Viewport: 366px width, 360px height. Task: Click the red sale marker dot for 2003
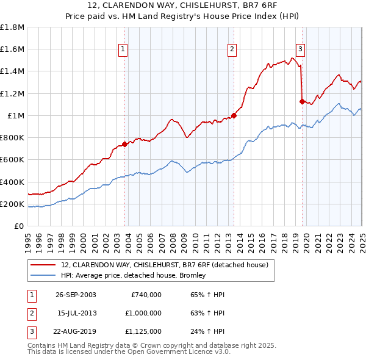pos(125,145)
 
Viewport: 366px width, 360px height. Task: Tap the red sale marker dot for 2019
pos(302,101)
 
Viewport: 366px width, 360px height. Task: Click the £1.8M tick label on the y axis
pos(12,27)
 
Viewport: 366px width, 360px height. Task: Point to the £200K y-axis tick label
pos(12,204)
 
